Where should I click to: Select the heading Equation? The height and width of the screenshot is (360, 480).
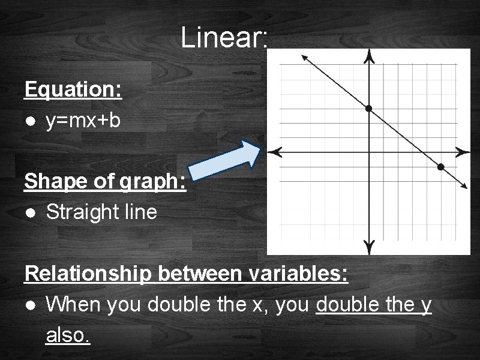tap(73, 89)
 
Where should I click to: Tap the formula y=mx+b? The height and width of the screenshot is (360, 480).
tap(83, 121)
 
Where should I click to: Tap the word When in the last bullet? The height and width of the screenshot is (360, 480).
tap(73, 304)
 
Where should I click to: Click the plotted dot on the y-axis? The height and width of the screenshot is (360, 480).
tap(369, 109)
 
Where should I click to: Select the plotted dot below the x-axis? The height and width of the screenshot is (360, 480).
tap(441, 167)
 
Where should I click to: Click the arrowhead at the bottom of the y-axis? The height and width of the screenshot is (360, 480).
tap(369, 247)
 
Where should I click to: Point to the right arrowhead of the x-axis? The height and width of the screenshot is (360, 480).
tap(461, 152)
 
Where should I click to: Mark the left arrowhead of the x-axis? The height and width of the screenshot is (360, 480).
tap(275, 152)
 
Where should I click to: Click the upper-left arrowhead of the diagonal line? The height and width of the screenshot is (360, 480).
tap(304, 58)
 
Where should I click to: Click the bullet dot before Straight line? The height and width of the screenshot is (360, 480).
tap(29, 212)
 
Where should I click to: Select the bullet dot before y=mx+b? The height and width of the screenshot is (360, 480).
tap(29, 121)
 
